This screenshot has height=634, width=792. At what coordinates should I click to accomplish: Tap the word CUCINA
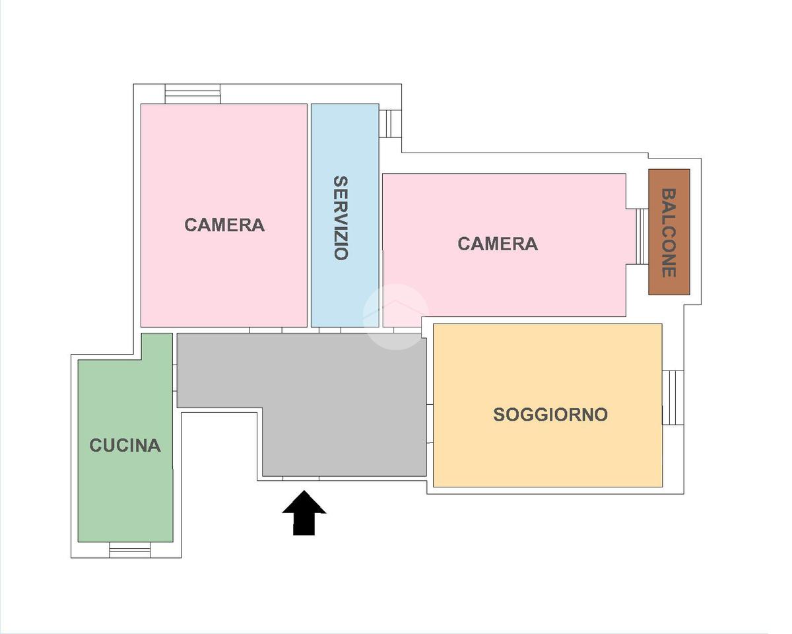point(125,445)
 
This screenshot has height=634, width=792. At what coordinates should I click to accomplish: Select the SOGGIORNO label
point(550,415)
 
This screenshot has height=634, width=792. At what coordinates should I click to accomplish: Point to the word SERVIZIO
point(341,218)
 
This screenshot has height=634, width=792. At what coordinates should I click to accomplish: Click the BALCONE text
point(669,232)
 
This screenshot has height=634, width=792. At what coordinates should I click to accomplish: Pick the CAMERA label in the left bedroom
point(224,225)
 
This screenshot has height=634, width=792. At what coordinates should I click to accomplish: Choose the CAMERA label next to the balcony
point(498,244)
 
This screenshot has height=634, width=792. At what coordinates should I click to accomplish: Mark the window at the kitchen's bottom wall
point(129,549)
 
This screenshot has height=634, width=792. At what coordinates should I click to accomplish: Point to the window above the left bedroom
point(192,94)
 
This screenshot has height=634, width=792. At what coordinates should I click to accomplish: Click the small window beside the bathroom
point(390,123)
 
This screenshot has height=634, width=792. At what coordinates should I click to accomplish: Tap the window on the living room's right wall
point(673,397)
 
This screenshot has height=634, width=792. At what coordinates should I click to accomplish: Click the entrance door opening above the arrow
point(301,478)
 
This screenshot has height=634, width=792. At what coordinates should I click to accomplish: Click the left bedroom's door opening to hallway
point(265,330)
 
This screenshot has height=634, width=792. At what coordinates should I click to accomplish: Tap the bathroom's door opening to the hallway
point(330,330)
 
